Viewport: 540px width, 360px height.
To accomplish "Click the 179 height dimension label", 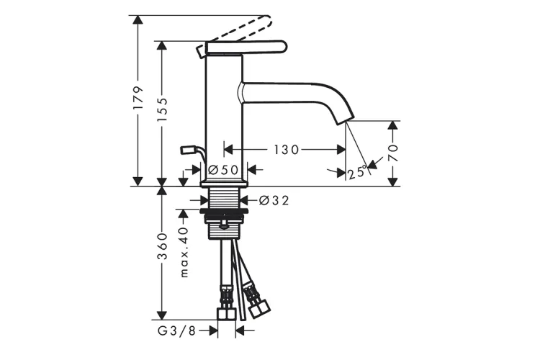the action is pos(138,98).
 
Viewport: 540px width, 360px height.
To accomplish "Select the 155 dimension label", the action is pos(162,109).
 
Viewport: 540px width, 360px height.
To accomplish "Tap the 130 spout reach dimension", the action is pos(286,150).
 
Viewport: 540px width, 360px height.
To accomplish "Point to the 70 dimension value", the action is pos(393,153).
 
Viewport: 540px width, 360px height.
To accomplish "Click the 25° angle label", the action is pos(357,172).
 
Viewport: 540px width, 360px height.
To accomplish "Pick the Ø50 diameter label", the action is pos(223,169).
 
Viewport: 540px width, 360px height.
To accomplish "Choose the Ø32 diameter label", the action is pos(274,200).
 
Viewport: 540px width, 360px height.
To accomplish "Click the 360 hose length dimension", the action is pos(162,246).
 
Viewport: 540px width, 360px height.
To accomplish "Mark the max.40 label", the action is pos(184,252).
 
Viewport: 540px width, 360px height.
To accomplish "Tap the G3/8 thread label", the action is pos(176,331).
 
